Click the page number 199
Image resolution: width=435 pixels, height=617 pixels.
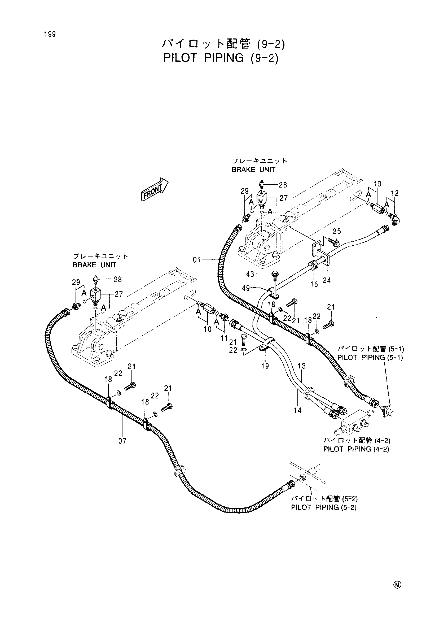coord(50,34)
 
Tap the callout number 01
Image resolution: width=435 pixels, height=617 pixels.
coord(197,260)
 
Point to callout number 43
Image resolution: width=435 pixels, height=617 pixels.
coord(251,274)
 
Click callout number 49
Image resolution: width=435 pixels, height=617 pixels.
coord(246,288)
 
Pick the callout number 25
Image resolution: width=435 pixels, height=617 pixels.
coord(337,231)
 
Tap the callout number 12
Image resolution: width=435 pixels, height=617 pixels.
coord(395,193)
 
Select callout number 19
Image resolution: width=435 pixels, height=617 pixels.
coord(265,366)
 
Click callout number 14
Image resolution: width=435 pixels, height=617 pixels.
coord(297,410)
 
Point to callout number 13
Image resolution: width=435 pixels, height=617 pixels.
coord(302,366)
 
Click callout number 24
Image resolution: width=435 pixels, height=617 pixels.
coord(327,280)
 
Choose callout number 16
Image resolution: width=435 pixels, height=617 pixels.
coord(314,284)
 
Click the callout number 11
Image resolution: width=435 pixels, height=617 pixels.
coord(224,338)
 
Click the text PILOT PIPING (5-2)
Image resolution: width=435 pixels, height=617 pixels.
coord(324,507)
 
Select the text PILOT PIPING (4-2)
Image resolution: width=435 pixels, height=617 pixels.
coord(356,449)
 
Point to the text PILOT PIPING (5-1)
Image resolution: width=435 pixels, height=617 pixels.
coord(370,357)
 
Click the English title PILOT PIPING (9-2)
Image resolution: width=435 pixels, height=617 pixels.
coord(221,58)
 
